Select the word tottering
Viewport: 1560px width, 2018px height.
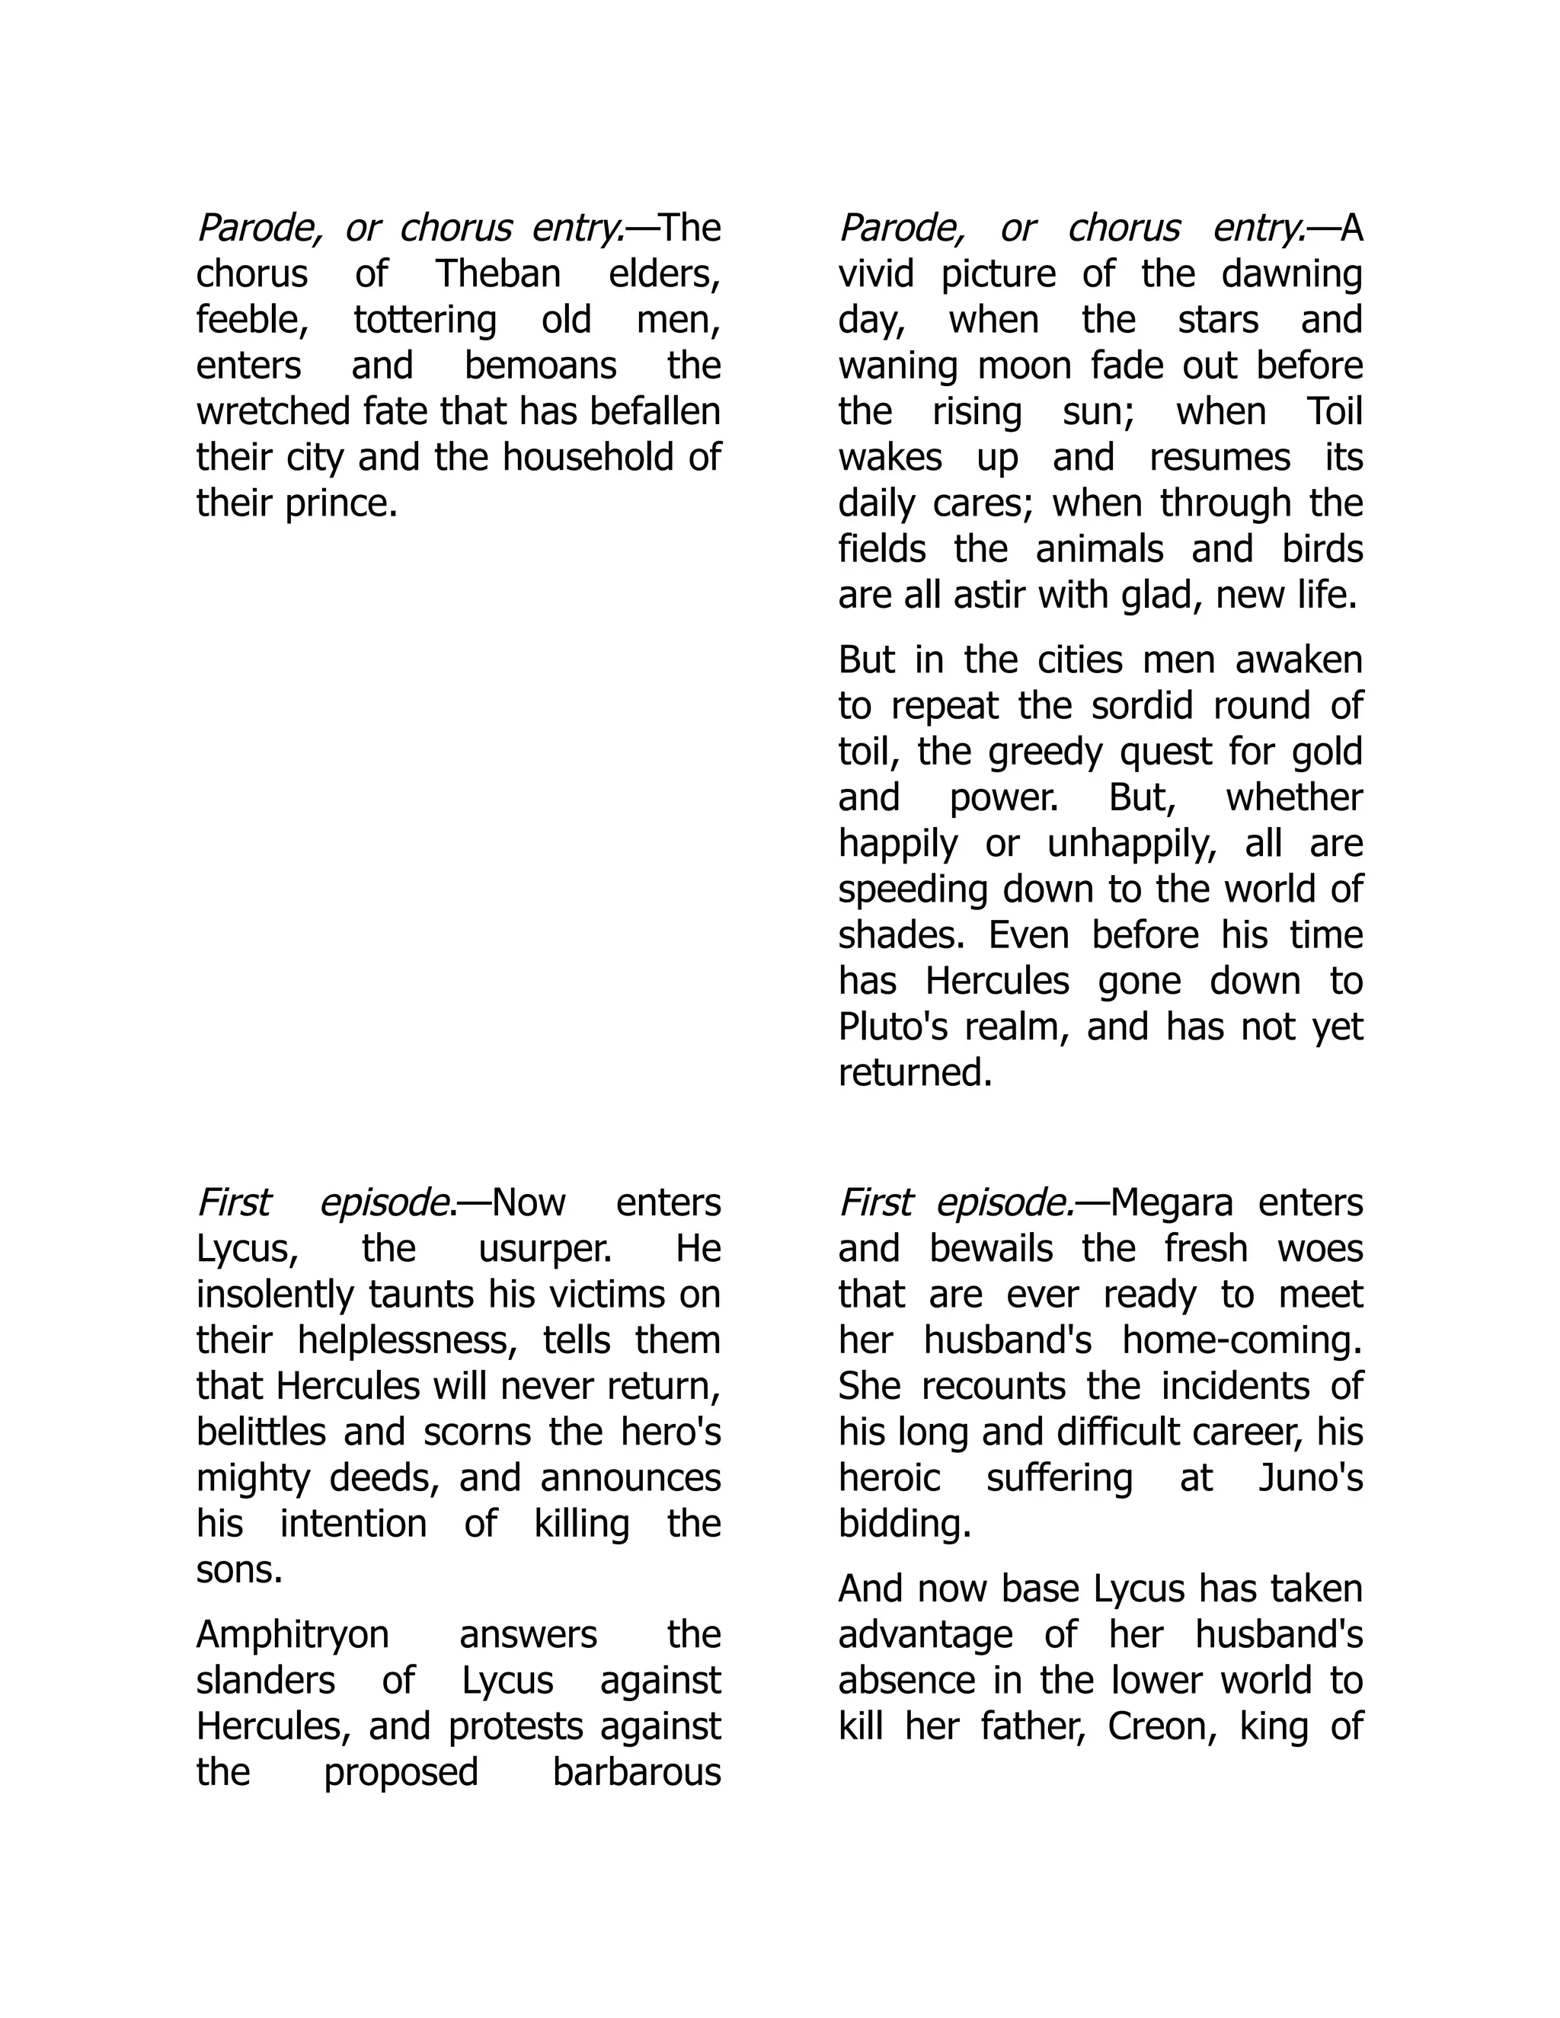[425, 320]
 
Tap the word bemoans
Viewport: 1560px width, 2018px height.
[540, 366]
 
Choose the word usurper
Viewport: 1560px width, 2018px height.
[545, 1248]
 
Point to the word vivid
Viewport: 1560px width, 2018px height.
[875, 273]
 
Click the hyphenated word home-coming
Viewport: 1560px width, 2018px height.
[1241, 1341]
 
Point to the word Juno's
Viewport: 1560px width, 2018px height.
[1310, 1478]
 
